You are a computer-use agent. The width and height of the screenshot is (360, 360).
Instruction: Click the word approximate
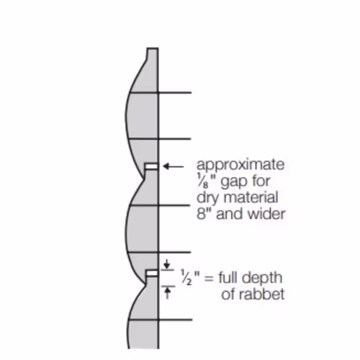240,166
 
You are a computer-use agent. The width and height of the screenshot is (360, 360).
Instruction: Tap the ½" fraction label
190,277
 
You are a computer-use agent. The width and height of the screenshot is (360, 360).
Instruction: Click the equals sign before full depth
209,279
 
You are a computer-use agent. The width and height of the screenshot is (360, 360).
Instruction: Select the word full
228,277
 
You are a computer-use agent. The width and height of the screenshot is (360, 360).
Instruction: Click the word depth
261,279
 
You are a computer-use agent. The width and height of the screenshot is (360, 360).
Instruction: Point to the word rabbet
253,294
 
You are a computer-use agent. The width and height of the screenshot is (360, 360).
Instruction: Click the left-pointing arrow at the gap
174,166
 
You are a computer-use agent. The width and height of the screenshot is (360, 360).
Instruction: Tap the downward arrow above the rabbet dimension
167,264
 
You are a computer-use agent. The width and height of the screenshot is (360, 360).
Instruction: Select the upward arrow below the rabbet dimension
167,293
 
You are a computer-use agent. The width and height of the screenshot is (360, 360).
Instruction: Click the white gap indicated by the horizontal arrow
151,166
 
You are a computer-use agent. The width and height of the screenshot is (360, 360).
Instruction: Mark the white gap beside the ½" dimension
152,274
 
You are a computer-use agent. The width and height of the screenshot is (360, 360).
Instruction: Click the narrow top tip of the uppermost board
153,49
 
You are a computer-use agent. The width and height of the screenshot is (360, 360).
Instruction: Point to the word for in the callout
261,181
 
